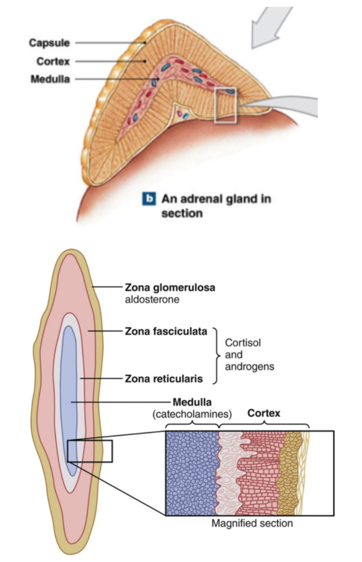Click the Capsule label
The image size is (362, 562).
coord(49,43)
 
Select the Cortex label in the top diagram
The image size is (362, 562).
coord(54,61)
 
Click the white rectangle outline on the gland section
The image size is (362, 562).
coord(226,105)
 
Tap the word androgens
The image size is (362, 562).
coord(249,367)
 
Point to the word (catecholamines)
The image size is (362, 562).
coord(192,414)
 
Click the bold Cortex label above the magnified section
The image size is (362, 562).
coord(264,414)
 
